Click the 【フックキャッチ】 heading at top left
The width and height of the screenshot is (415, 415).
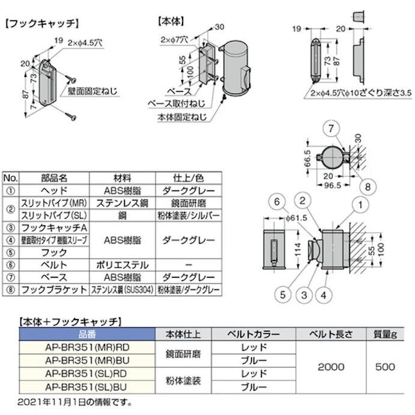point(42,25)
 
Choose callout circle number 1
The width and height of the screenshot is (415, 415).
point(361,205)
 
